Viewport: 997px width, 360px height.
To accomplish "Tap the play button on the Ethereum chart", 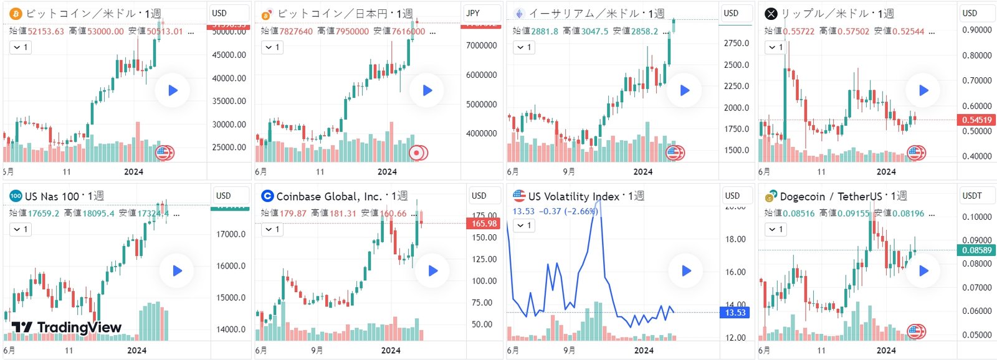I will [684, 90].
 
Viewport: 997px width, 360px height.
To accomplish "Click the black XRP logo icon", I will [771, 14].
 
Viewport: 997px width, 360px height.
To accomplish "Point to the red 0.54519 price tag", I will [976, 120].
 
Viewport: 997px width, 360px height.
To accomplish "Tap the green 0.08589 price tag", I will [976, 250].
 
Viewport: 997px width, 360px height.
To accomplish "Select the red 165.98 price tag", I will [484, 223].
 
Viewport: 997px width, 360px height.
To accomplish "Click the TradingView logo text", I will [67, 328].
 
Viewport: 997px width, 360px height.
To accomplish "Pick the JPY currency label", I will [473, 13].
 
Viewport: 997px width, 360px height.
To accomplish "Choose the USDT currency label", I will [972, 196].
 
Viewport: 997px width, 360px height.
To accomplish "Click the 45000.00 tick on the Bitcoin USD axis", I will [229, 55].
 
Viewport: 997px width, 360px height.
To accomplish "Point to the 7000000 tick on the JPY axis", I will [482, 45].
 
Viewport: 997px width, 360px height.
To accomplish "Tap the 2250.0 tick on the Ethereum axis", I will [736, 86].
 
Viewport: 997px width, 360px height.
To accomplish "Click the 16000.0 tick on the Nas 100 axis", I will [231, 266].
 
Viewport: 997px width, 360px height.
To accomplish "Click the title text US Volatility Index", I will [573, 196].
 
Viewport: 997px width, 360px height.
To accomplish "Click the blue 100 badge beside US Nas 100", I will [16, 196].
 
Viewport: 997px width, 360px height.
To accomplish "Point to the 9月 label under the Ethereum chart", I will [568, 171].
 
